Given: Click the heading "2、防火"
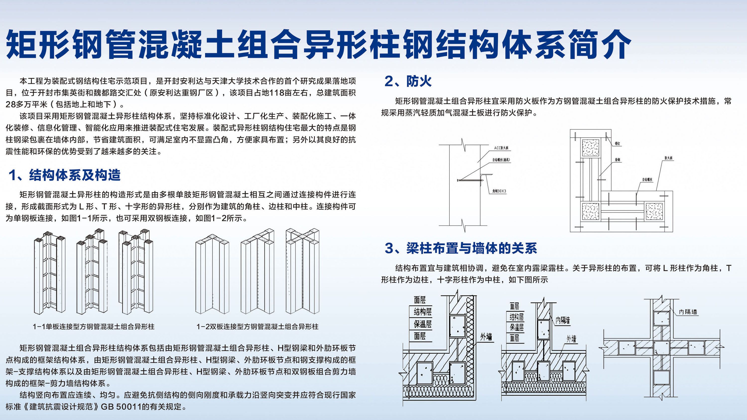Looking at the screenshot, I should (408, 81).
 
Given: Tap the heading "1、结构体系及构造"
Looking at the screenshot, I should (64, 175).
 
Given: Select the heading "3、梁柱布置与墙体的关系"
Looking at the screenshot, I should (461, 248).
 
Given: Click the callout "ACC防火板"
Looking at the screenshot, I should (501, 148).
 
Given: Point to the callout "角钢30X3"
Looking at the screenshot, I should (499, 191).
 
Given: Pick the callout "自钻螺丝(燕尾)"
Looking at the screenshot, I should (501, 160).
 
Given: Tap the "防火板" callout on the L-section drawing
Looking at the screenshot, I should (669, 158).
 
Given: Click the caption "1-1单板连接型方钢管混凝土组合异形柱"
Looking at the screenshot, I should (93, 327).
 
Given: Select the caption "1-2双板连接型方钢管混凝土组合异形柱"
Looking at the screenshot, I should (257, 327).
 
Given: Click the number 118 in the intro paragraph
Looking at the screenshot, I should (277, 93).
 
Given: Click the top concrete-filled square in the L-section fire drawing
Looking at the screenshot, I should (591, 148).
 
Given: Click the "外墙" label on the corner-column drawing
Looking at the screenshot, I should (486, 337).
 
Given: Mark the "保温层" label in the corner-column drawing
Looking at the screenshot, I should (423, 324).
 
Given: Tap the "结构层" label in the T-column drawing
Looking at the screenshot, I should (516, 317).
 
